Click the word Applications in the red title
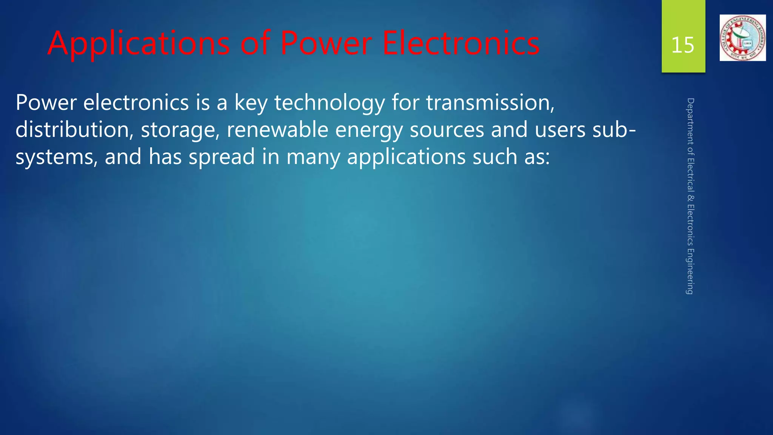click(139, 44)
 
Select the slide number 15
click(683, 45)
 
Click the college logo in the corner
click(742, 38)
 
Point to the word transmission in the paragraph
click(490, 103)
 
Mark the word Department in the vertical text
click(690, 121)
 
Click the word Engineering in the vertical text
click(690, 271)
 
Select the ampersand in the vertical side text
click(690, 198)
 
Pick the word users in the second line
click(560, 130)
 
